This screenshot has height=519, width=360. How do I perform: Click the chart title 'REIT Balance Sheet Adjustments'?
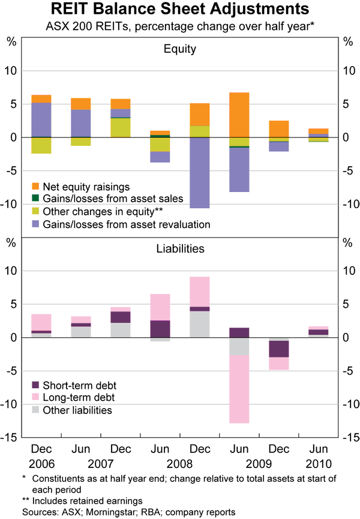180,10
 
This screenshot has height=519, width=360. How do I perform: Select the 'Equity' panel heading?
180,49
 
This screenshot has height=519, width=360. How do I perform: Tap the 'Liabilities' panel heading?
180,248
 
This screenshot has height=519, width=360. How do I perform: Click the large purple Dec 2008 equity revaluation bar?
200,173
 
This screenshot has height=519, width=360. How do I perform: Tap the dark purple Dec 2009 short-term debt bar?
278,349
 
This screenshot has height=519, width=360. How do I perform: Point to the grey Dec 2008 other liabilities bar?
200,324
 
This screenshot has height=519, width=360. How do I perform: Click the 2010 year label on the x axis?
318,464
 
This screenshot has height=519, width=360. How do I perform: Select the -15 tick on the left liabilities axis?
12,437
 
